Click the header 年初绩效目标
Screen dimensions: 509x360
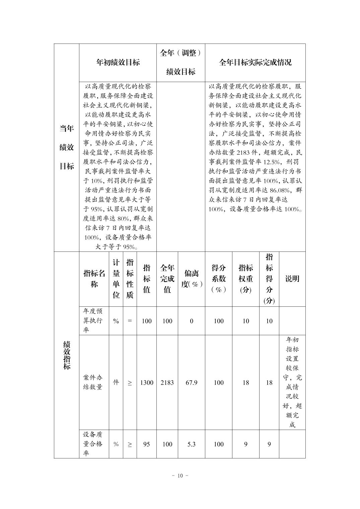click(118, 62)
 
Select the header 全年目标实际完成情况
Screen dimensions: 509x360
click(255, 62)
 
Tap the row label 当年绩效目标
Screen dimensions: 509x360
click(67, 147)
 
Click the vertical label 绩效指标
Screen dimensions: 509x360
click(67, 355)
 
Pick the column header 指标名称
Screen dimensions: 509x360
click(94, 279)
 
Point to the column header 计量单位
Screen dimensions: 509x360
click(116, 279)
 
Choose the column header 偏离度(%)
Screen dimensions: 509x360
click(192, 279)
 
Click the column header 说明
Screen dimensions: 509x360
click(292, 279)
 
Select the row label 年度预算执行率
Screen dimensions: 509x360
click(93, 321)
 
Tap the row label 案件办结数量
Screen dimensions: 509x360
click(93, 382)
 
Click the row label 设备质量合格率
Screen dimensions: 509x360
click(93, 444)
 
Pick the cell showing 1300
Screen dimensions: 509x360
click(147, 382)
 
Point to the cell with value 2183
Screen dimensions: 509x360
click(167, 382)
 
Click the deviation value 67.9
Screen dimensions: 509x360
click(192, 382)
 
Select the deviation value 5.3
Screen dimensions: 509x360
click(192, 444)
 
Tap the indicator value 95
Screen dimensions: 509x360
click(147, 444)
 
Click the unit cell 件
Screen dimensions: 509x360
click(116, 382)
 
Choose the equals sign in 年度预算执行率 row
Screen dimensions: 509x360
click(130, 321)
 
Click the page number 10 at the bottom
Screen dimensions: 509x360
click(180, 476)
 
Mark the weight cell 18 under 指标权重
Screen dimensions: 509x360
click(246, 382)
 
